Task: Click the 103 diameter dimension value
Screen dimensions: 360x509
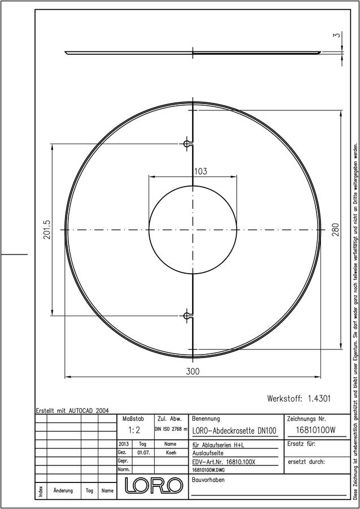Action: [x=201, y=171]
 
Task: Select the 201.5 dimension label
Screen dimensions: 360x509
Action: [x=47, y=230]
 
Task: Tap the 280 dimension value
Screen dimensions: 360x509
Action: [x=335, y=230]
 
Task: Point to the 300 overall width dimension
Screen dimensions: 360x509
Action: [x=193, y=372]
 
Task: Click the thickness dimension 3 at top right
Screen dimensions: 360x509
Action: [x=338, y=34]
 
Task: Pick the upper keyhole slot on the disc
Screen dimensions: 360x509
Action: [x=188, y=144]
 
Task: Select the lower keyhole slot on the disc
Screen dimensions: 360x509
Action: [x=188, y=316]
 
